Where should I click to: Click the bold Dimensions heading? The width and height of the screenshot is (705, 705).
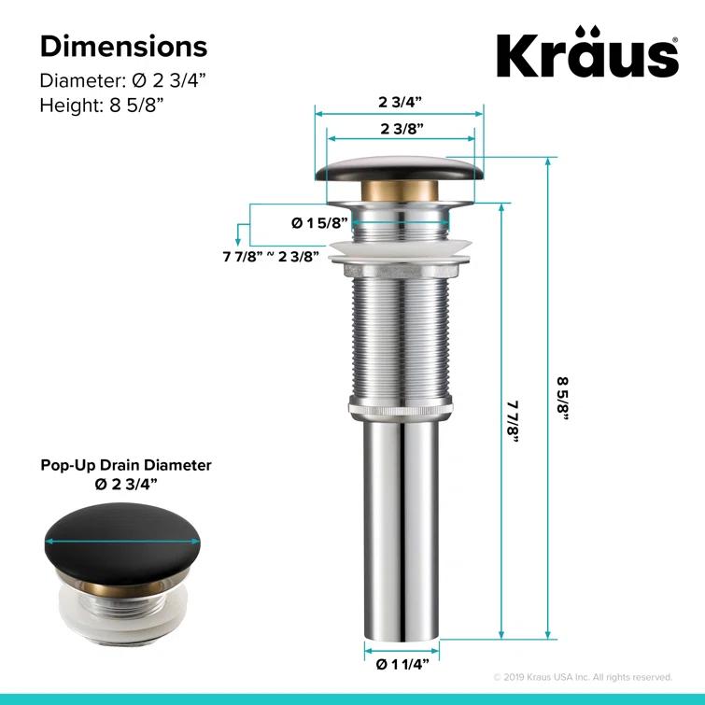click(123, 46)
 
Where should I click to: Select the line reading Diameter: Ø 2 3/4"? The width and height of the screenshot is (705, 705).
click(122, 80)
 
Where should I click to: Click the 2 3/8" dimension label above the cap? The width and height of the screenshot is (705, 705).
click(402, 128)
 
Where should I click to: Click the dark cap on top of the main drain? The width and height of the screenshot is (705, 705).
click(400, 170)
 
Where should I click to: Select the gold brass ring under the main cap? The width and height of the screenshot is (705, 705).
click(400, 197)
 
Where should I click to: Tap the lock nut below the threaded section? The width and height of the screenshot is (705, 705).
click(400, 407)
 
